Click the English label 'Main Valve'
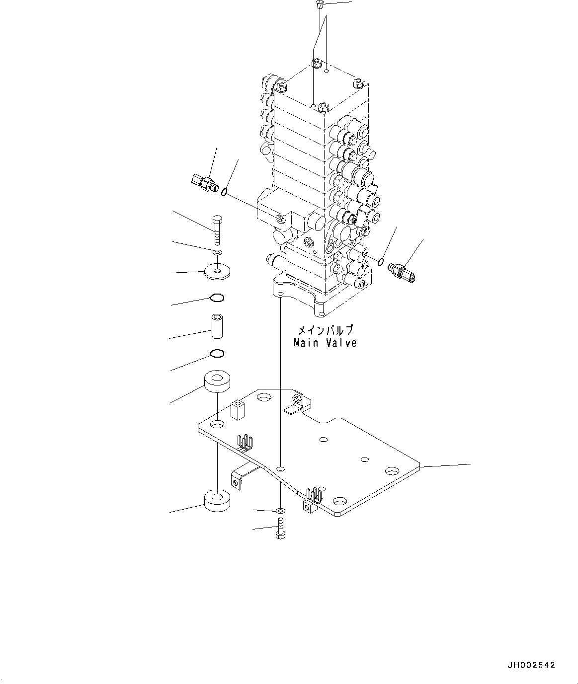[325, 343]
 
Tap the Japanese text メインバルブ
[325, 330]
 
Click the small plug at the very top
[320, 5]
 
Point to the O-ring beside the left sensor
[225, 193]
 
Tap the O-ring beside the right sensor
[381, 261]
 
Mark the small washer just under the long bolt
[217, 253]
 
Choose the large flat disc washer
[217, 272]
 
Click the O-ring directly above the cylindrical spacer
[217, 298]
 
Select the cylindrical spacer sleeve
[217, 325]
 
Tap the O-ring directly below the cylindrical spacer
[217, 354]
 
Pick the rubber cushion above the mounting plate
[217, 381]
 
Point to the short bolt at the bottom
[280, 528]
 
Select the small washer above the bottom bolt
[280, 510]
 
